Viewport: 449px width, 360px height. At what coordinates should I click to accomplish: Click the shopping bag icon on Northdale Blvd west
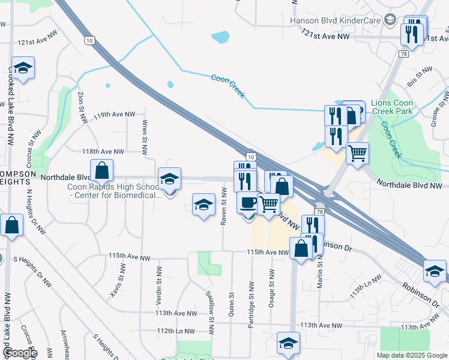tap(101, 171)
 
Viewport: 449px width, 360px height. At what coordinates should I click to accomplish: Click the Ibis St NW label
tap(419, 77)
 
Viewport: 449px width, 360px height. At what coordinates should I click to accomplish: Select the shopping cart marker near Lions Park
tap(357, 154)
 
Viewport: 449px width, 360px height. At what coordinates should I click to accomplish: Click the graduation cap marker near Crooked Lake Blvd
tap(23, 69)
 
